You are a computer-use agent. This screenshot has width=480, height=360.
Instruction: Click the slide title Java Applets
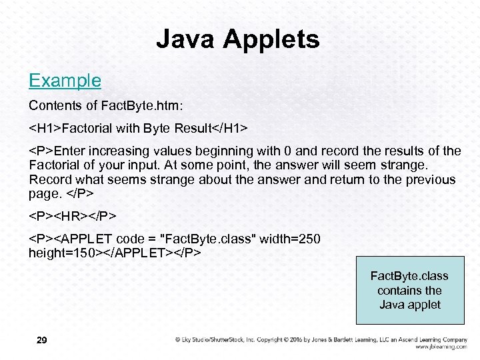[238, 39]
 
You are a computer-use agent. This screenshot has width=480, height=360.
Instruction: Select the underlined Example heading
[65, 81]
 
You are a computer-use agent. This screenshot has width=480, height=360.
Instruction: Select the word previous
[430, 179]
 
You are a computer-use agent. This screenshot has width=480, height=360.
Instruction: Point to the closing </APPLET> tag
[139, 253]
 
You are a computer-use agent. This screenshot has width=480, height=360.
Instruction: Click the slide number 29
[41, 341]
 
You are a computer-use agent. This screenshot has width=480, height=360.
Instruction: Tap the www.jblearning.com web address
[441, 347]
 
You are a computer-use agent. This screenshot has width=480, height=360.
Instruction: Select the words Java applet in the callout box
[410, 305]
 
